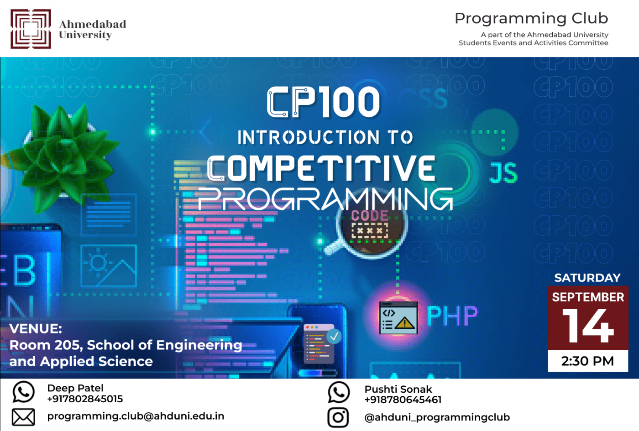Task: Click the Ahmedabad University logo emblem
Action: point(31,29)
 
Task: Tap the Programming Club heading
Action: point(531,18)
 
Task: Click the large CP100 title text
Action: point(324,102)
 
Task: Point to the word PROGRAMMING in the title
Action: point(325,199)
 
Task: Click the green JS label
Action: point(503,173)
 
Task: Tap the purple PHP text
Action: point(452,316)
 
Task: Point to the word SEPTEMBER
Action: point(588,297)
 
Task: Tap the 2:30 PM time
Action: point(588,361)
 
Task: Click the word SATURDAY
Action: point(587,278)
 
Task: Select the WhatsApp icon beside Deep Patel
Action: point(23,392)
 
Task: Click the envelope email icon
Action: point(23,417)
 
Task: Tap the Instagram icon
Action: point(338,417)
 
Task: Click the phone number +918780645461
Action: point(403,400)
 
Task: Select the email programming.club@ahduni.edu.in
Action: point(136,416)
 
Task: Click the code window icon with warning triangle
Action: point(398,318)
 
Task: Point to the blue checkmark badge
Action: point(334,336)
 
